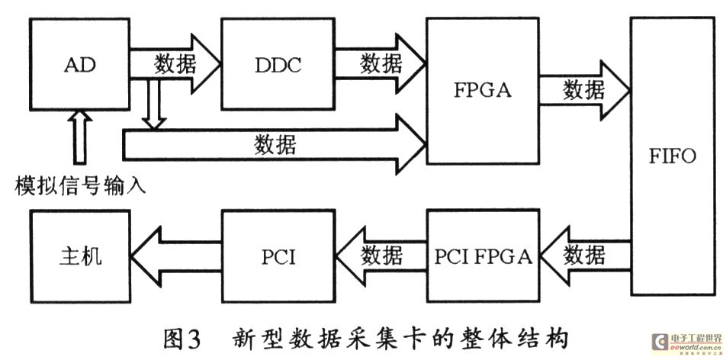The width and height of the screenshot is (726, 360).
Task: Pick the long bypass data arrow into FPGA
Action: (275, 144)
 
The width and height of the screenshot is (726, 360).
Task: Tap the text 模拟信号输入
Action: (79, 185)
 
